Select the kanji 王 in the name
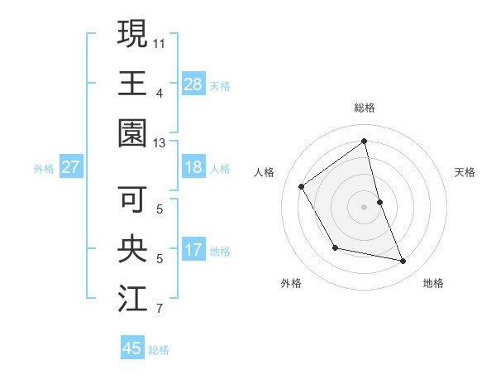133,84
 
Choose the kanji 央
133,251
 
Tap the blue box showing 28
193,84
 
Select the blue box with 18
193,167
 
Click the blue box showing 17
193,250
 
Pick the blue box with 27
71,167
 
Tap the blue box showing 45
132,348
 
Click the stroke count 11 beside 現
159,42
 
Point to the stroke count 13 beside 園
159,144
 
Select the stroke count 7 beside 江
159,310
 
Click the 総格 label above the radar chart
364,108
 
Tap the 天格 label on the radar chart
465,172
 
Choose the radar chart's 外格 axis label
291,284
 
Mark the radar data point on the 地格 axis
403,261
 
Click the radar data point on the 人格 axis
302,186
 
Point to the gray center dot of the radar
364,206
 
